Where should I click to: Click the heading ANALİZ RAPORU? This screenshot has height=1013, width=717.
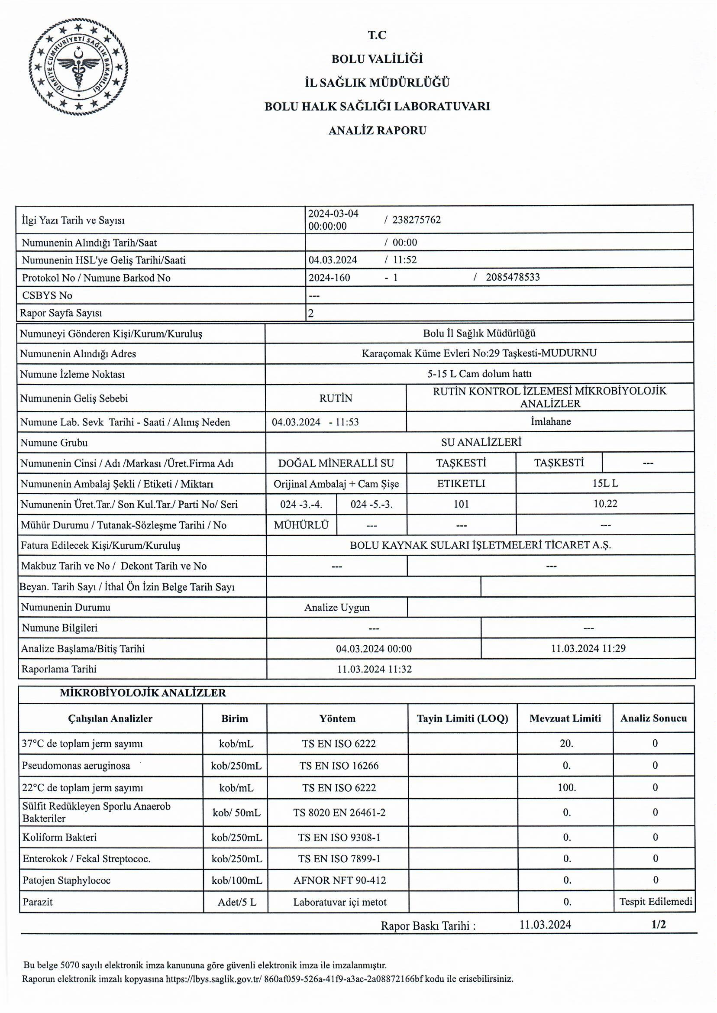point(377,131)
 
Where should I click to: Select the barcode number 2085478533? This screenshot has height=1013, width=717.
point(513,277)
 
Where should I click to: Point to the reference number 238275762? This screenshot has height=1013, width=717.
point(417,220)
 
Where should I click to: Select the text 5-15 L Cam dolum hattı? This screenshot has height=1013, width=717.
point(479,374)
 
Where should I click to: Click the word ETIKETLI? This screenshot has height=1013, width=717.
point(461,483)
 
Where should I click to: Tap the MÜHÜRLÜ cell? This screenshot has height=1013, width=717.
point(301,525)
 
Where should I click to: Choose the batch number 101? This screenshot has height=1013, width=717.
point(461,504)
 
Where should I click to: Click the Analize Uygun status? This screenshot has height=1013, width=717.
point(336,608)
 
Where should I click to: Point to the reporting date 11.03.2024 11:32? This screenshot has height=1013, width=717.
point(375,669)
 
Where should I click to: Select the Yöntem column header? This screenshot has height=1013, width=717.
point(337,718)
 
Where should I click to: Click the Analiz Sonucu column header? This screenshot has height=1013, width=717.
point(653,718)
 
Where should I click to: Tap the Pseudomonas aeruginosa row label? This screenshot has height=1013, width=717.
point(76,765)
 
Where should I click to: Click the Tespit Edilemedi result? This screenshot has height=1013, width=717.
point(655,901)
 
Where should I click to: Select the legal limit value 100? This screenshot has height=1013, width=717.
point(566,787)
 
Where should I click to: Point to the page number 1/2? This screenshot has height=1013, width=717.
point(658,924)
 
